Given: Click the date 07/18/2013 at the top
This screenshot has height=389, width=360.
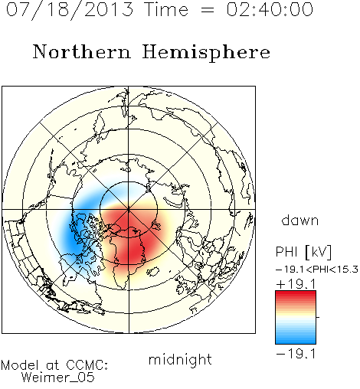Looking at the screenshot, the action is [70, 9].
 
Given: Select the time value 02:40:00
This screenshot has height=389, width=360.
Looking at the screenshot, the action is [270, 9].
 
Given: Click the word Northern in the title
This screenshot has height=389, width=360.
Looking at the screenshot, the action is [81, 51].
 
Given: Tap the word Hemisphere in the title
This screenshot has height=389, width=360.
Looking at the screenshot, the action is [206, 52].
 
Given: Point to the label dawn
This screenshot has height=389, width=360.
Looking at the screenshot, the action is [300, 221].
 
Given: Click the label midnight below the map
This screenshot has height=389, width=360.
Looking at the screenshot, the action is [180, 359].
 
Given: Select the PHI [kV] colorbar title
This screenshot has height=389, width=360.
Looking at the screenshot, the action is [303, 252].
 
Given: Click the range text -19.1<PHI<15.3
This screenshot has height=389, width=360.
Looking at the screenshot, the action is [317, 270].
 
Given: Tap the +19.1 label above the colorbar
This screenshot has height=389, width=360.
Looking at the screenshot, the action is [296, 284].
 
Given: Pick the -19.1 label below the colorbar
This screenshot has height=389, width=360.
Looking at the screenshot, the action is [296, 354].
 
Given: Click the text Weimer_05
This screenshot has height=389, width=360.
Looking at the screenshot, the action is [58, 378].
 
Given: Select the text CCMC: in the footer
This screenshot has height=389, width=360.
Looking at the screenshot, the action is [87, 365].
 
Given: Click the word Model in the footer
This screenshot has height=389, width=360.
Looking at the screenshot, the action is [20, 365].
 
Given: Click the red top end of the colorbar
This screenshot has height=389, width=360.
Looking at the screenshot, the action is [296, 293].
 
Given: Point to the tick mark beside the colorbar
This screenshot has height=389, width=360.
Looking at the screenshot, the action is [318, 317].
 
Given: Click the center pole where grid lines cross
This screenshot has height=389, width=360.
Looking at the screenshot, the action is [129, 210].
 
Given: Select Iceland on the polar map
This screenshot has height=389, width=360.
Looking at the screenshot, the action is [153, 271].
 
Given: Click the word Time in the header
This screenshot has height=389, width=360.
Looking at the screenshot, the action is [166, 9].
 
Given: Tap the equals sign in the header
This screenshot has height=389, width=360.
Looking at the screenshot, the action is [208, 11].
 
